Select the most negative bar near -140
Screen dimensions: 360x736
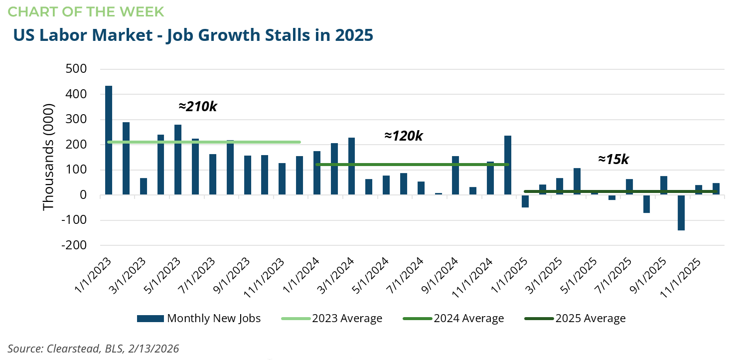(681, 212)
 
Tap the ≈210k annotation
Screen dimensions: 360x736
(198, 106)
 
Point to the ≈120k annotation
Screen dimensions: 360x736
(403, 136)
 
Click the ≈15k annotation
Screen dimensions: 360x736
(613, 159)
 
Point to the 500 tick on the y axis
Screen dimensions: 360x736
(76, 69)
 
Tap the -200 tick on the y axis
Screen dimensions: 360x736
(73, 245)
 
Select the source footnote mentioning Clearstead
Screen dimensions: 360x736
(93, 349)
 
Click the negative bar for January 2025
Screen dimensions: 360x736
(525, 201)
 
